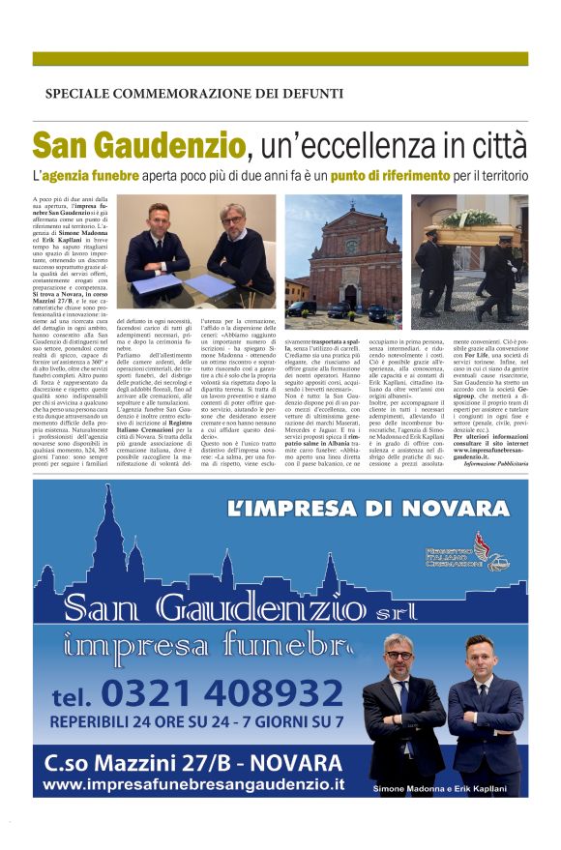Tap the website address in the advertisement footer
point(193,782)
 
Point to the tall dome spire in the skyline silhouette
point(101,542)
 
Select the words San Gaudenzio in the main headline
point(138,147)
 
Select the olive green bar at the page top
point(280,59)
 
